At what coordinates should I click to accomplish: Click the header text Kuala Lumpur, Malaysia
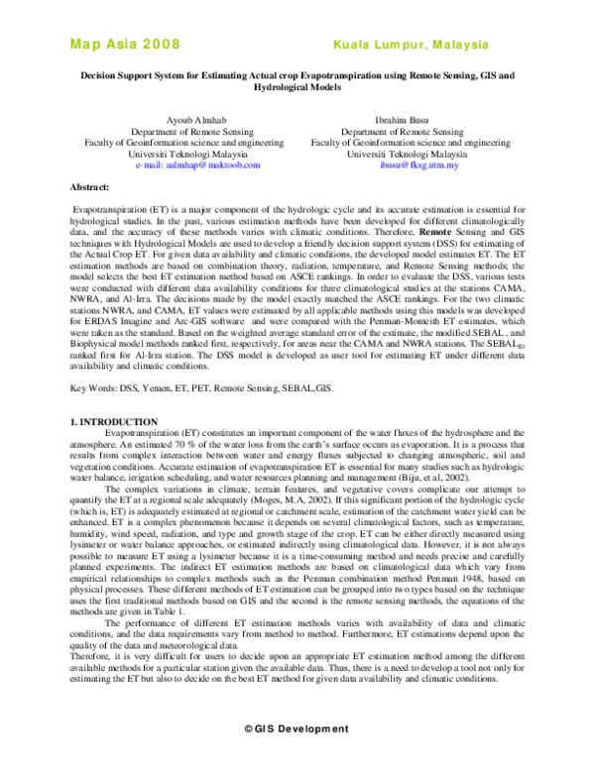411,46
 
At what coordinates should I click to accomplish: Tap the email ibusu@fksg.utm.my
403,165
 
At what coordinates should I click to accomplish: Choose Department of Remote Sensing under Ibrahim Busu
403,131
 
